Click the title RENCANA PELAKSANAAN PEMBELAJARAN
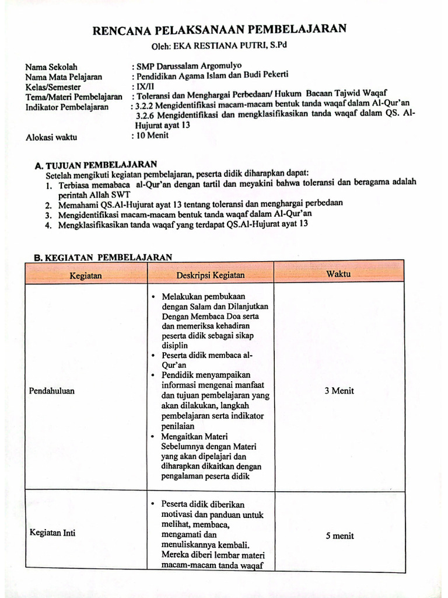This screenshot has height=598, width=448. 220,30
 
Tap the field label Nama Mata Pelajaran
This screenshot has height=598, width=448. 64,77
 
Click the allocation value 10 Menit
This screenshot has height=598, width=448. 153,135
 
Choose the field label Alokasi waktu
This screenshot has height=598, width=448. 51,138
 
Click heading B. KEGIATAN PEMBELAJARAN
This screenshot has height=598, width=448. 103,257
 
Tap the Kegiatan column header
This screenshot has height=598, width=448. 86,274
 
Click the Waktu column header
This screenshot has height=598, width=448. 338,274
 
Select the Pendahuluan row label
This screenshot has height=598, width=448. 52,391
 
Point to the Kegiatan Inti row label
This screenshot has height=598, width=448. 52,533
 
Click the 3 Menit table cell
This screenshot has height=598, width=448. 339,391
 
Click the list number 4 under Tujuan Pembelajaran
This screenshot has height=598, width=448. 49,225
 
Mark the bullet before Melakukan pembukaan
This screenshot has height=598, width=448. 153,297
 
